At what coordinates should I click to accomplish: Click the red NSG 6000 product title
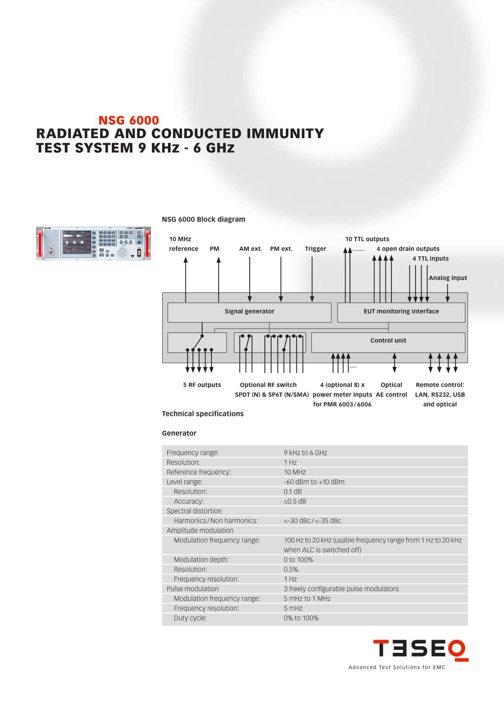[x=129, y=120]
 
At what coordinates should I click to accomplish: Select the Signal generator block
[x=249, y=311]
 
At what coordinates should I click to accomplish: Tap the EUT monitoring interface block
[x=401, y=311]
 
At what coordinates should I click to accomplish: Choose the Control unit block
[x=388, y=341]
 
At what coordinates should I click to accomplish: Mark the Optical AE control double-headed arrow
[x=394, y=363]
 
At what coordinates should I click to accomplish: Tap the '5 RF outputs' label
[x=202, y=385]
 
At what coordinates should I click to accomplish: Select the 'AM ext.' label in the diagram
[x=251, y=249]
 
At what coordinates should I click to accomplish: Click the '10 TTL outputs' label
[x=367, y=239]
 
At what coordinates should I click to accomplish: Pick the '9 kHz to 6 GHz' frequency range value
[x=305, y=453]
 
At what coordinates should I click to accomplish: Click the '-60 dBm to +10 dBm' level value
[x=314, y=482]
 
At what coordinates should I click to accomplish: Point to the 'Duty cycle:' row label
[x=190, y=618]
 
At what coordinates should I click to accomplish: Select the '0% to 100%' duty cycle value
[x=301, y=618]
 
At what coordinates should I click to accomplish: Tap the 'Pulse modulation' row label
[x=193, y=589]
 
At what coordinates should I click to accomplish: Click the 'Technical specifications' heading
[x=203, y=414]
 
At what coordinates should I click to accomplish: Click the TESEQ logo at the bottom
[x=420, y=649]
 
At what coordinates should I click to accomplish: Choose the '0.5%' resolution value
[x=291, y=570]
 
